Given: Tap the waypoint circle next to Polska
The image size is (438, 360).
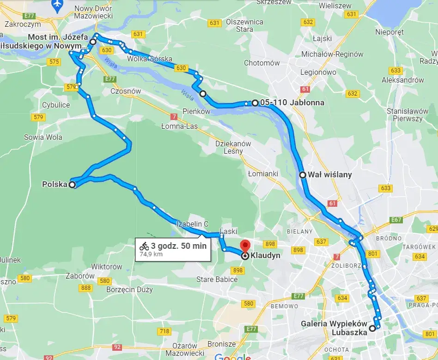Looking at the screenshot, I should pyautogui.click(x=72, y=185).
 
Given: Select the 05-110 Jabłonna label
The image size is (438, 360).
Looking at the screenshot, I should pyautogui.click(x=292, y=102).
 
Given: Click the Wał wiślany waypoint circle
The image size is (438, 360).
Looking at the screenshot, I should pyautogui.click(x=302, y=175).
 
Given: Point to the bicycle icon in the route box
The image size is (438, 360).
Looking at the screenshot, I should pyautogui.click(x=144, y=246).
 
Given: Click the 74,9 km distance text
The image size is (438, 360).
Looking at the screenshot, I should pyautogui.click(x=151, y=254).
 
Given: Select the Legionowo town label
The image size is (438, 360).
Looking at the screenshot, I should pyautogui.click(x=318, y=72).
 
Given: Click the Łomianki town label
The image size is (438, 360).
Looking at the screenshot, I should pyautogui.click(x=263, y=174).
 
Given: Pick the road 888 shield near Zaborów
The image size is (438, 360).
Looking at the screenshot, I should pyautogui.click(x=86, y=288).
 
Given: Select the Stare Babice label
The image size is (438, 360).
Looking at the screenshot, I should pyautogui.click(x=217, y=279).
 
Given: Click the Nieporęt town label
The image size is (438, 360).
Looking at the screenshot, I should pyautogui.click(x=389, y=32).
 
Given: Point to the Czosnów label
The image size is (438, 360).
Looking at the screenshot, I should pyautogui.click(x=126, y=91).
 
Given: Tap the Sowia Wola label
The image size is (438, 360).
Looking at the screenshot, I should pyautogui.click(x=43, y=137).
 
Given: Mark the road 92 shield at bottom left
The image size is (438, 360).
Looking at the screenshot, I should pyautogui.click(x=117, y=347).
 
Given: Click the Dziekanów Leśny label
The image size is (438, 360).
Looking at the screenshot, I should pyautogui.click(x=233, y=147).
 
